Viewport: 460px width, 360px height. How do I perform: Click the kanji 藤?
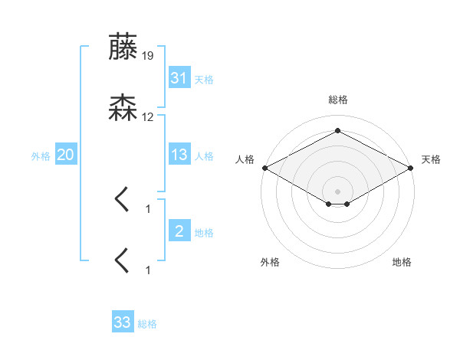123,47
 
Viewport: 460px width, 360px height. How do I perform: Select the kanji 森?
123,109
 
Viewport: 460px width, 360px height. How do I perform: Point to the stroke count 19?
148,56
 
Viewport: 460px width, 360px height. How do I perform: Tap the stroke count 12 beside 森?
148,117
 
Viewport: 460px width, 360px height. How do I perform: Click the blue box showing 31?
179,78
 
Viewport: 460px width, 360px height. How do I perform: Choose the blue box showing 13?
179,155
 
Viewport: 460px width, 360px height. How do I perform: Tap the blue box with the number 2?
179,231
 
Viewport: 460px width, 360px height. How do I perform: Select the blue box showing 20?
65,155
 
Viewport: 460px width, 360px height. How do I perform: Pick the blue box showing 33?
122,322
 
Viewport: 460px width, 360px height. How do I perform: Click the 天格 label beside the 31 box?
204,79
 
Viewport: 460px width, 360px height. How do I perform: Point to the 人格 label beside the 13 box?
204,155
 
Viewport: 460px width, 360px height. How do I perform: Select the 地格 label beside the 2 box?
204,232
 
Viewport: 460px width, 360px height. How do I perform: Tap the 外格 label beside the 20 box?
41,155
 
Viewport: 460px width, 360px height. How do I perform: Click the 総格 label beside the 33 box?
147,324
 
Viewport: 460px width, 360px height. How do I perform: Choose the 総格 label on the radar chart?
338,100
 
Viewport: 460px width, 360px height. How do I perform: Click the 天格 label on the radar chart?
431,159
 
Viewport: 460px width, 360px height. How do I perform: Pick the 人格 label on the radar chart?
245,159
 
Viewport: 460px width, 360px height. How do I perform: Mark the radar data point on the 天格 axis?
412,168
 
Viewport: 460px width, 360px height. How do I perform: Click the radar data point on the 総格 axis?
338,131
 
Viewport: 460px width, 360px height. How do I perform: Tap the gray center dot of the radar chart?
338,191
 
